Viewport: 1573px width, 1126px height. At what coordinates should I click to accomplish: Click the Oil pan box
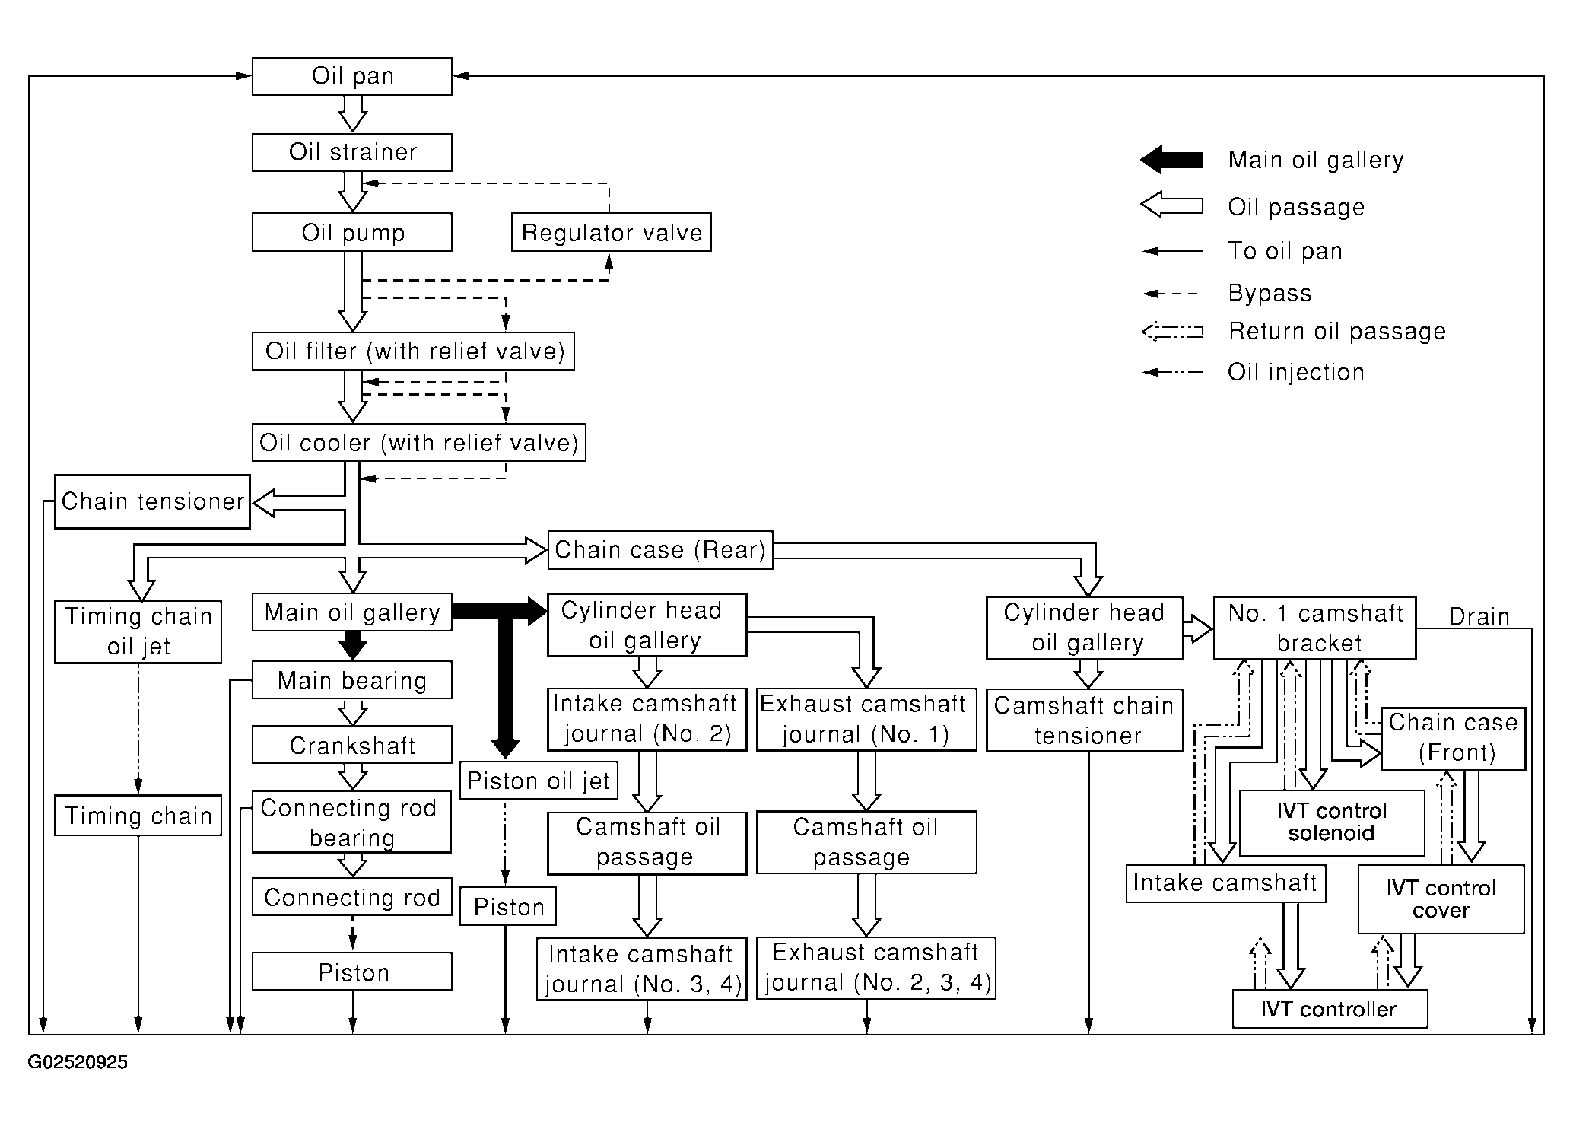pyautogui.click(x=351, y=76)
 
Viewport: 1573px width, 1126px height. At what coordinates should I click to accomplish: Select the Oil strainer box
pyautogui.click(x=351, y=152)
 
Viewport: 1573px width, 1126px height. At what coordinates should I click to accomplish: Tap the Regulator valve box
pyautogui.click(x=612, y=232)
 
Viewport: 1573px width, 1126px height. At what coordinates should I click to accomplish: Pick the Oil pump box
pyautogui.click(x=351, y=232)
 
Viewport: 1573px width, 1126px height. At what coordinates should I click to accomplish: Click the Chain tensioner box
pyautogui.click(x=152, y=501)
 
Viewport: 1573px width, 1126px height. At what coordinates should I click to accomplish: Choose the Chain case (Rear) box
pyautogui.click(x=660, y=549)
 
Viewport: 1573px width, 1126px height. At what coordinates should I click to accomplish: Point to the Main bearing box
pyautogui.click(x=351, y=679)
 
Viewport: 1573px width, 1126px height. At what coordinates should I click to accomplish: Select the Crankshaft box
pyautogui.click(x=351, y=745)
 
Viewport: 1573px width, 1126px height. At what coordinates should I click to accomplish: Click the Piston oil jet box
pyautogui.click(x=539, y=781)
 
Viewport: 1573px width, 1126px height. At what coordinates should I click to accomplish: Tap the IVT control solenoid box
pyautogui.click(x=1332, y=822)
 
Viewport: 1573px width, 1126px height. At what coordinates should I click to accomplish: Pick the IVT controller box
pyautogui.click(x=1330, y=1009)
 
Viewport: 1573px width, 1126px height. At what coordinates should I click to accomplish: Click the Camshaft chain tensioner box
pyautogui.click(x=1085, y=720)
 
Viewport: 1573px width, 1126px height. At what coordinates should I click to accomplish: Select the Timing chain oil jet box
pyautogui.click(x=138, y=631)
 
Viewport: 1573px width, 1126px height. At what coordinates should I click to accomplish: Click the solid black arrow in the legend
pyautogui.click(x=1171, y=160)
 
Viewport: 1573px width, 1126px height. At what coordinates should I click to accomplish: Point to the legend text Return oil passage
pyautogui.click(x=1336, y=331)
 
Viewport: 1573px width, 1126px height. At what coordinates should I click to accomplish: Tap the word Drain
pyautogui.click(x=1479, y=616)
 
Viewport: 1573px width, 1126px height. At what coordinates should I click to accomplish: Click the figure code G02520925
pyautogui.click(x=78, y=1062)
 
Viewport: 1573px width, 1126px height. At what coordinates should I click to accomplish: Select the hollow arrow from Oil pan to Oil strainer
pyautogui.click(x=352, y=114)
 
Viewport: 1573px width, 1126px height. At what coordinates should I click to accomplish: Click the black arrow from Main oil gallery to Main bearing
pyautogui.click(x=352, y=645)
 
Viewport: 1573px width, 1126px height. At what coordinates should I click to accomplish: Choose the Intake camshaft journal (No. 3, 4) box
pyautogui.click(x=642, y=969)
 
